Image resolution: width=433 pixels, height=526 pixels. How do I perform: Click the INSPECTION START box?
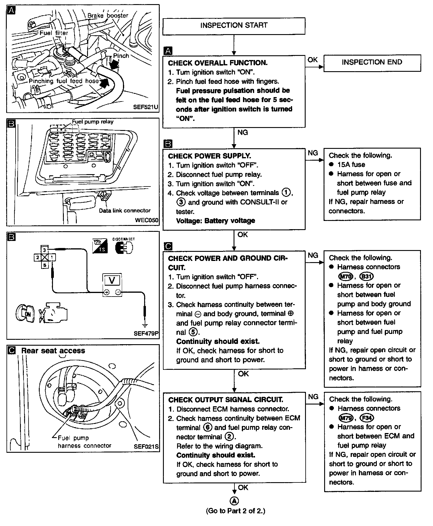[234, 26]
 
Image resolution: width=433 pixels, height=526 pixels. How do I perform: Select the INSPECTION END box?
[372, 62]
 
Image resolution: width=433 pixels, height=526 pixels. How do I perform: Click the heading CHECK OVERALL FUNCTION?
[218, 63]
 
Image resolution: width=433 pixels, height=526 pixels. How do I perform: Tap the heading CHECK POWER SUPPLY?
[209, 156]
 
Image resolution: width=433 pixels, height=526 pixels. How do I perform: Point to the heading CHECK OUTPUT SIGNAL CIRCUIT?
[226, 400]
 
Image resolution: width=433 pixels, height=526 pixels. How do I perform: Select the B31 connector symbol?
[367, 277]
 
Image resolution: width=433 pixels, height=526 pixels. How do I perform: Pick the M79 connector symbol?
[346, 418]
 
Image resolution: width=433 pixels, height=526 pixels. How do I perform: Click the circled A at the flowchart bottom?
[234, 501]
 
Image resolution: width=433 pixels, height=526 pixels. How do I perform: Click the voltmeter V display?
[112, 280]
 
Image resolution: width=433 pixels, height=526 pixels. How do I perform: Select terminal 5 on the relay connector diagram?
[45, 265]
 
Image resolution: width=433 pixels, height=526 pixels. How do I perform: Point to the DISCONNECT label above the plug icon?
[124, 239]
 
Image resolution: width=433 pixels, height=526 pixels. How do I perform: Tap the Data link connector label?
[124, 211]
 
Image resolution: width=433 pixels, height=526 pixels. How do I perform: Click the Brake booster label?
[108, 16]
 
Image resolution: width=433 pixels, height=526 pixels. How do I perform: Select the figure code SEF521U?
[145, 107]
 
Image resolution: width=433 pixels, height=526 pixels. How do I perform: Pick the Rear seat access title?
[53, 351]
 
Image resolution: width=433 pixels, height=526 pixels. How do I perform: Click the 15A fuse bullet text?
[351, 165]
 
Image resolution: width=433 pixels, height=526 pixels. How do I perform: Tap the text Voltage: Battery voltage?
[215, 221]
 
